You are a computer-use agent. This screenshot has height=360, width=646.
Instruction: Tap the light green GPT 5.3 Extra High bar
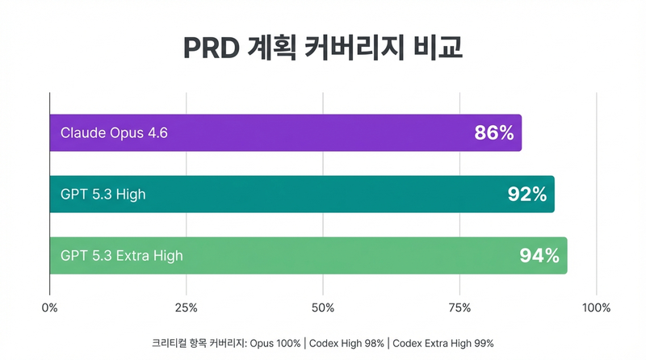308,256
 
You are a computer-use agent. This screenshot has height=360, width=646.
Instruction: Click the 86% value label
494,133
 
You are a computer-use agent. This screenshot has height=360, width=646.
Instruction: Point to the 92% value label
526,195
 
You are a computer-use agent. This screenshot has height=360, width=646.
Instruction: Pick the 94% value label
539,256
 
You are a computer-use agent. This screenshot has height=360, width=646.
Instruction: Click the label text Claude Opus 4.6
114,133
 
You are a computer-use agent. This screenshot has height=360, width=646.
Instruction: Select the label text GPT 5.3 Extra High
122,256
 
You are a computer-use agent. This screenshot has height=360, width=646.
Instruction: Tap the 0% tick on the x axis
50,308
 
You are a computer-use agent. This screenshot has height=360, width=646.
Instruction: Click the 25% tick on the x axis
187,308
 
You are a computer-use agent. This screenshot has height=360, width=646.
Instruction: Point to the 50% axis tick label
323,308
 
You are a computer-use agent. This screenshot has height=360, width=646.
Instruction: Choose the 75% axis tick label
459,308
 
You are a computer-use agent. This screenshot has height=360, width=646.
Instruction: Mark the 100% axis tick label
596,308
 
